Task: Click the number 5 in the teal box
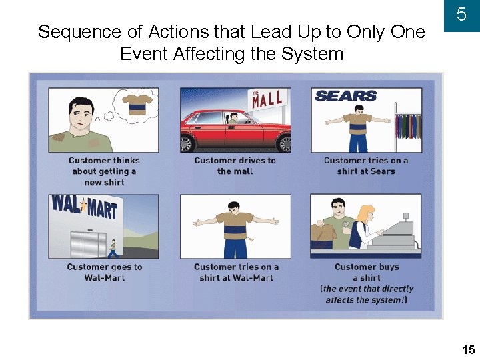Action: click(461, 15)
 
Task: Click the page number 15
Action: click(469, 349)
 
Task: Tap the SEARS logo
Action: click(345, 97)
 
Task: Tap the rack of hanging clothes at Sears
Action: click(407, 125)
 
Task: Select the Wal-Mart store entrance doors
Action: click(88, 244)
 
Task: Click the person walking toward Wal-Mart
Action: click(113, 249)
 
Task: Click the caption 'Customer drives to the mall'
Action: click(235, 165)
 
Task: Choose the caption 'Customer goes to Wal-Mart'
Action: click(105, 272)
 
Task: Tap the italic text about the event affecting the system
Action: click(367, 294)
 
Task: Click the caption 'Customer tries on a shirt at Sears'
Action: click(366, 165)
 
